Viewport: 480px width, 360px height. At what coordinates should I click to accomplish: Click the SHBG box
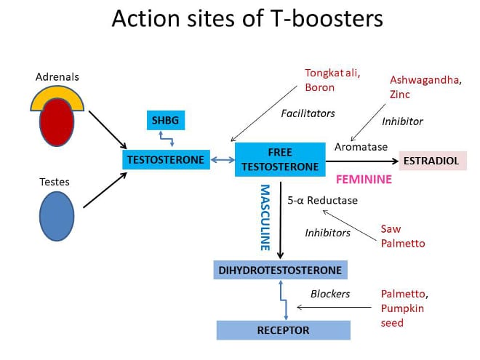tap(166, 120)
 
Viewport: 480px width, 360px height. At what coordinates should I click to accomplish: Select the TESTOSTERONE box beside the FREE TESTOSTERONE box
tap(166, 159)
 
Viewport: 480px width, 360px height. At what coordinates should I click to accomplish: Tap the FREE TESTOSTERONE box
tap(280, 159)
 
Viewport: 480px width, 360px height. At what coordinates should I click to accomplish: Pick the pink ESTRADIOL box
tap(433, 161)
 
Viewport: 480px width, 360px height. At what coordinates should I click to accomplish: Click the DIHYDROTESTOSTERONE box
tap(280, 270)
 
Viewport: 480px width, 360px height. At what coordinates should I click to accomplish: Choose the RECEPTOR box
tap(283, 330)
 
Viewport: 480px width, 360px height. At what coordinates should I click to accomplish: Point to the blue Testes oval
tap(57, 216)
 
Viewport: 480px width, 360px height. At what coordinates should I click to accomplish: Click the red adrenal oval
tap(57, 122)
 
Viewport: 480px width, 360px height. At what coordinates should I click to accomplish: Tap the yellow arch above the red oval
tap(57, 93)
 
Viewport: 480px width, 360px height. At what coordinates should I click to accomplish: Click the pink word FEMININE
tap(364, 179)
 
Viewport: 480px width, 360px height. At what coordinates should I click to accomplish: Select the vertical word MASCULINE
tap(265, 217)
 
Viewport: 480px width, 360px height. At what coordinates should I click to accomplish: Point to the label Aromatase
tap(361, 147)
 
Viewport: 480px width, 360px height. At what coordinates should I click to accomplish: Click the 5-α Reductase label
tap(323, 200)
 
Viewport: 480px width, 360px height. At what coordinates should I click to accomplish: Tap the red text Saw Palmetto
tap(403, 236)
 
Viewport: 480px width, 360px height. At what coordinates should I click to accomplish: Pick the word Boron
tap(319, 87)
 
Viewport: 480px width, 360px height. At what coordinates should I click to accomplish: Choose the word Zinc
tap(400, 95)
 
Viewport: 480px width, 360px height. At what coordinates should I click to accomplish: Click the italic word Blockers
tap(330, 294)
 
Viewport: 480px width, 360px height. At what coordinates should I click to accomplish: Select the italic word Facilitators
tap(308, 113)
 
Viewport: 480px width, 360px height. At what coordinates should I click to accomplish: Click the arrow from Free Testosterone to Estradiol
tap(362, 161)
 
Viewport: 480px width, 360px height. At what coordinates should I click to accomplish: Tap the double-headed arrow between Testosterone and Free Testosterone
tap(223, 159)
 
